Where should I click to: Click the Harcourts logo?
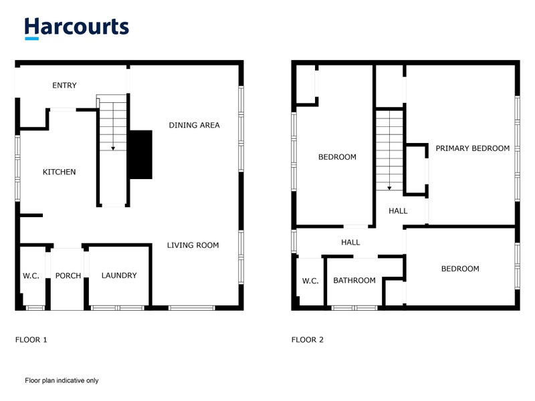(76, 27)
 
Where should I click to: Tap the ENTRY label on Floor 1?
(65, 86)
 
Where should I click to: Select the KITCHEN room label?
(60, 172)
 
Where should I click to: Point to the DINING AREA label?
(194, 125)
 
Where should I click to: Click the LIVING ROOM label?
(193, 245)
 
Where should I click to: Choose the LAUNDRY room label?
(119, 275)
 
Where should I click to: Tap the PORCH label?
(68, 275)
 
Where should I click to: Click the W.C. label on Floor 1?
(31, 275)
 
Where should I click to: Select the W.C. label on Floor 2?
(310, 281)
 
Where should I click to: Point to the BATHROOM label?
(354, 281)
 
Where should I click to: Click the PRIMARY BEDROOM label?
(473, 148)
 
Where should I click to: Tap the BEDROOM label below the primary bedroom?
(460, 269)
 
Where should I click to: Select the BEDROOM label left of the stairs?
(337, 157)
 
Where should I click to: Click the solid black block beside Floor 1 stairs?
(140, 154)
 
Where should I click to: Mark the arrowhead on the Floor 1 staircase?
(112, 148)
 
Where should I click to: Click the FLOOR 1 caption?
(31, 340)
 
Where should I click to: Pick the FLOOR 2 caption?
(308, 340)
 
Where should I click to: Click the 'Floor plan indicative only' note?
(62, 380)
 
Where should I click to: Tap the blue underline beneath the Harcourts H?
(32, 38)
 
